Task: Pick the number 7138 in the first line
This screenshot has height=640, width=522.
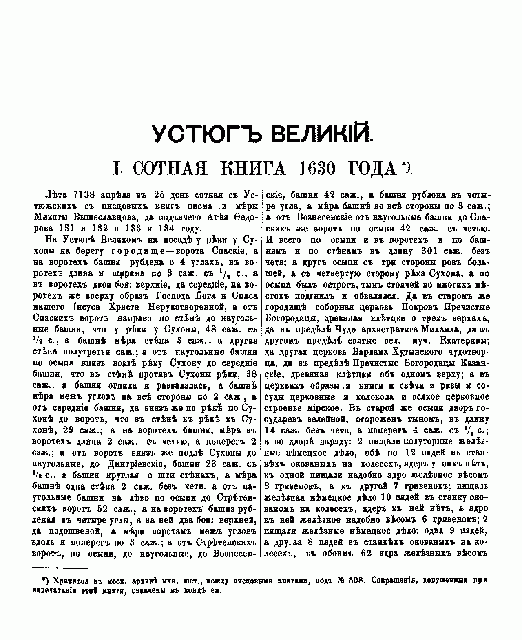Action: (x=81, y=194)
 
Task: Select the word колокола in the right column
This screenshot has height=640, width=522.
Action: (x=374, y=396)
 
